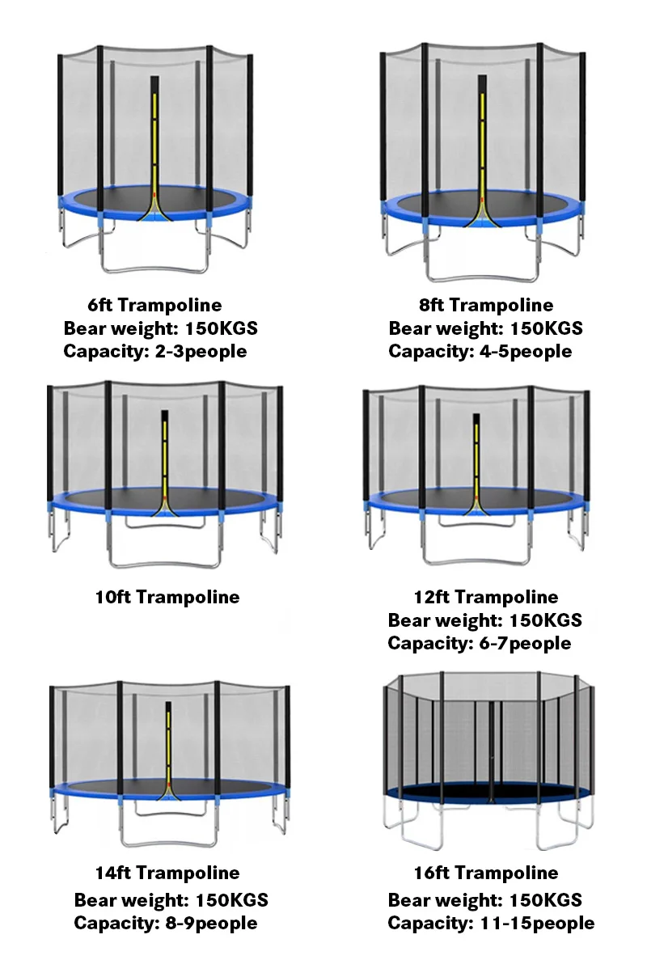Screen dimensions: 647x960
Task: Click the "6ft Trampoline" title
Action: pos(154,306)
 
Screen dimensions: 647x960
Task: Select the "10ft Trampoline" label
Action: pos(167,598)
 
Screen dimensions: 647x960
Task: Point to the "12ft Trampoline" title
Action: pos(485,598)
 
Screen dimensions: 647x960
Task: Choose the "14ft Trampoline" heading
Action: pos(167,873)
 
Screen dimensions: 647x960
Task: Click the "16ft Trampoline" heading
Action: pos(485,873)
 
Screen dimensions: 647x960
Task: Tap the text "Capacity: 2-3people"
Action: pos(155,352)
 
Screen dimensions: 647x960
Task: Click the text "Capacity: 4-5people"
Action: pos(480,352)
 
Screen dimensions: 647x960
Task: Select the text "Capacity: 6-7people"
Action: pos(480,644)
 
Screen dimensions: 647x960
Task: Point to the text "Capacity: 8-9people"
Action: pos(166,924)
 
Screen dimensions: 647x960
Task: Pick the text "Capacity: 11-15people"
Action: pos(491,924)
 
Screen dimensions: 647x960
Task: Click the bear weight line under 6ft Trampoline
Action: pos(161,329)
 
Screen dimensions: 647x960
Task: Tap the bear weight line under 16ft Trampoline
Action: pos(485,900)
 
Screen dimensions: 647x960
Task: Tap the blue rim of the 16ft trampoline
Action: pos(485,797)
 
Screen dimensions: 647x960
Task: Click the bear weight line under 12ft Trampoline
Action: pos(485,621)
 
